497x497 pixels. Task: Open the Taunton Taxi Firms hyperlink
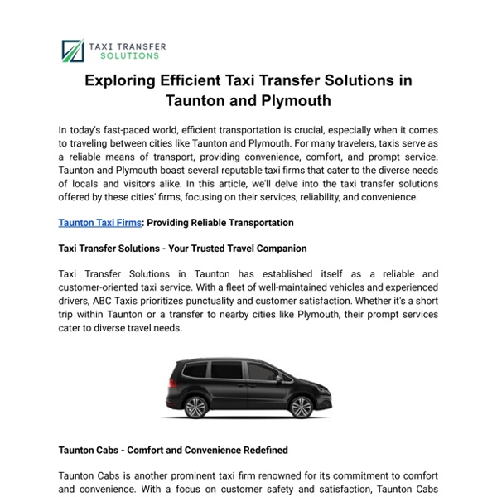pos(99,223)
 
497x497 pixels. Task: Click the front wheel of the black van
pos(196,408)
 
